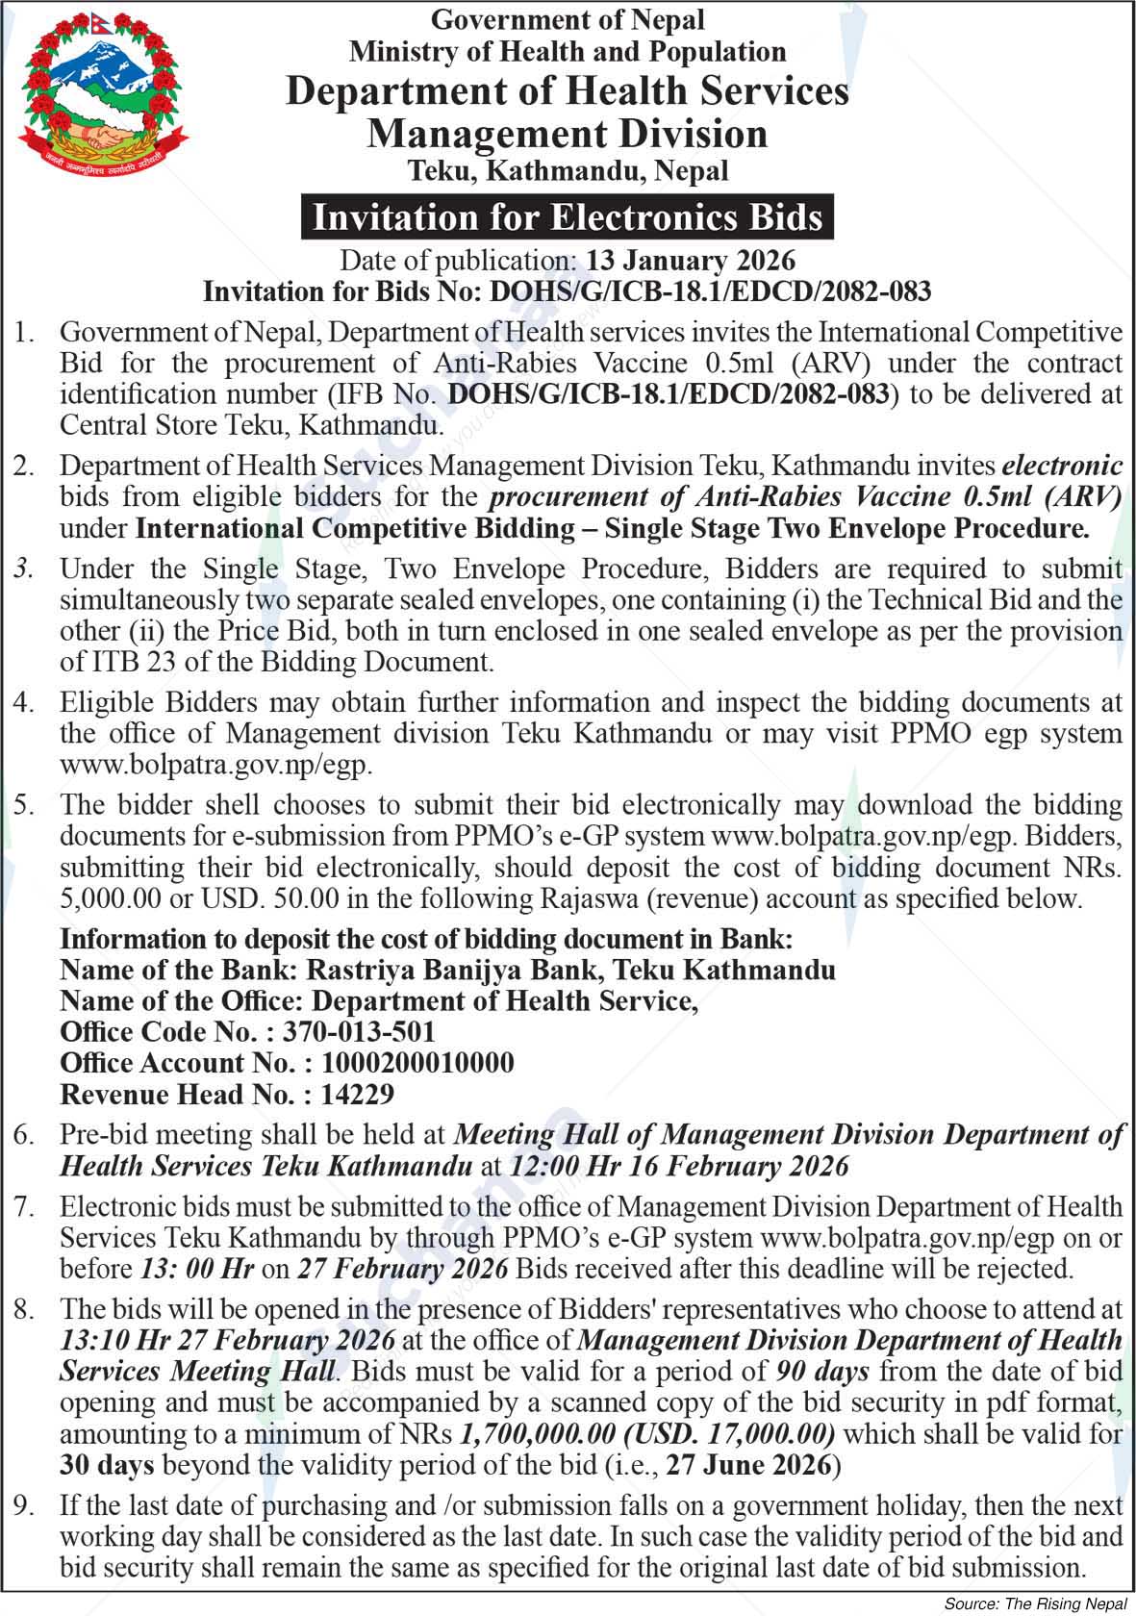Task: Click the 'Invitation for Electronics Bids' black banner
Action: coord(568,217)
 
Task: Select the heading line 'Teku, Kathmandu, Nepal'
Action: coord(568,171)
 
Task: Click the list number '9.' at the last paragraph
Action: coord(24,1505)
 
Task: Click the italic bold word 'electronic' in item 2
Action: coord(1062,466)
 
